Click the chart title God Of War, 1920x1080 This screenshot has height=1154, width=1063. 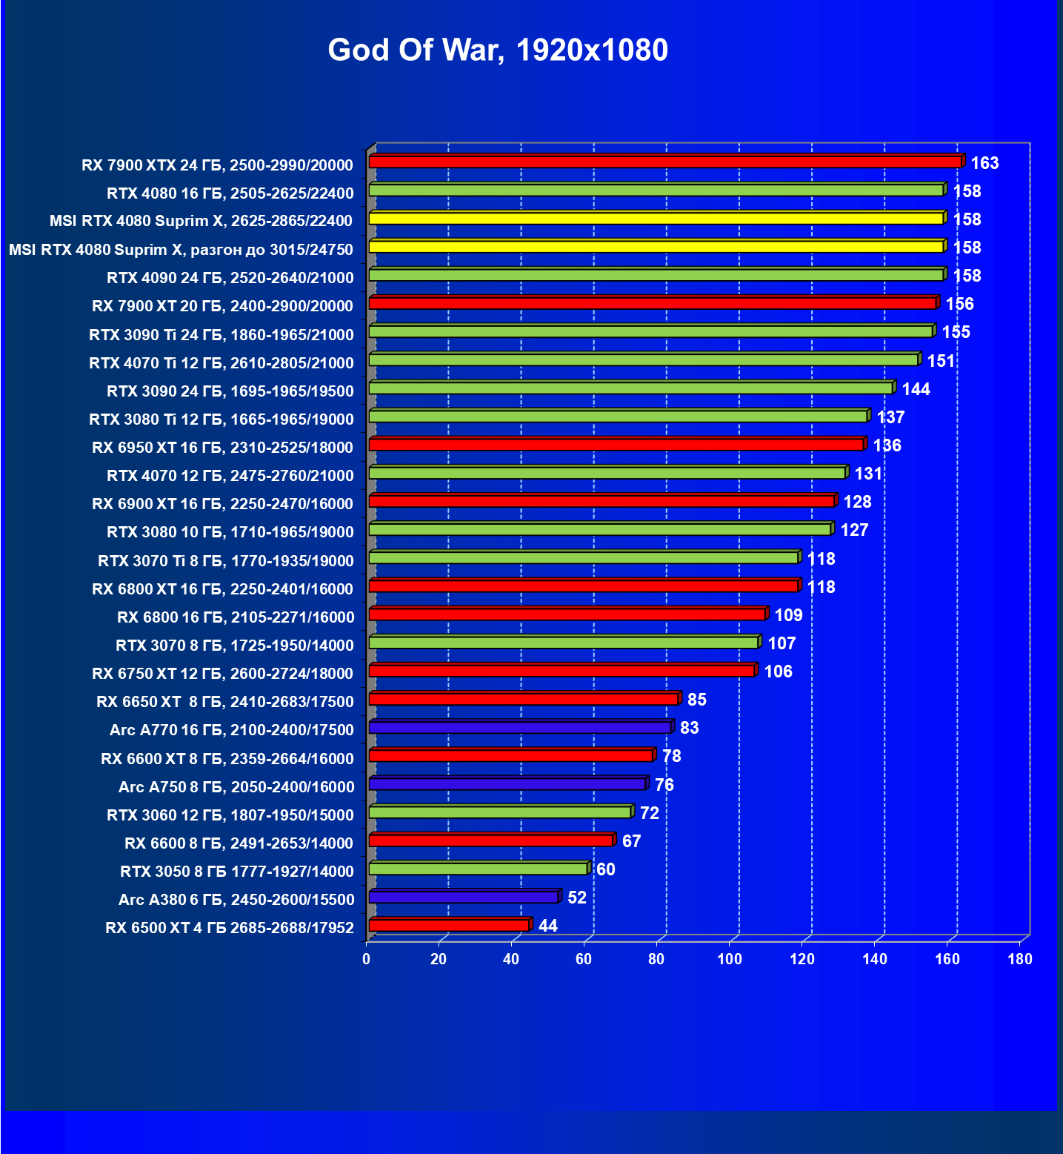(498, 50)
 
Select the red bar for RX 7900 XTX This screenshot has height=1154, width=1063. (664, 162)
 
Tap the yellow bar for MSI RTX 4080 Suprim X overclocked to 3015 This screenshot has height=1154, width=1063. (656, 246)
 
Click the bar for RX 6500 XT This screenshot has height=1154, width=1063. (448, 925)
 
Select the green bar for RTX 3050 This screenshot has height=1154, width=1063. (478, 869)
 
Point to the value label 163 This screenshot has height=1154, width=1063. (984, 163)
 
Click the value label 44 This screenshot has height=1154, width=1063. (548, 926)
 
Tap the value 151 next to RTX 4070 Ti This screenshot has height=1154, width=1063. (941, 361)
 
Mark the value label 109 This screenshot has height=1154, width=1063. (788, 615)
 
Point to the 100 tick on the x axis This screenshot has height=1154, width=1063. (730, 959)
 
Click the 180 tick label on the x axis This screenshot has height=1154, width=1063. (1020, 959)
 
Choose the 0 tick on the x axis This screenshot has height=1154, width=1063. (367, 959)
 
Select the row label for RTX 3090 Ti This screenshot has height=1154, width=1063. (221, 335)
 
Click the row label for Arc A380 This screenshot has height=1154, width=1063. (236, 900)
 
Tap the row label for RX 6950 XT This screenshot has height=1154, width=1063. (223, 448)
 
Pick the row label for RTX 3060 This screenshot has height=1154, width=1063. (230, 815)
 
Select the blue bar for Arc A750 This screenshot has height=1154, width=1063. (507, 784)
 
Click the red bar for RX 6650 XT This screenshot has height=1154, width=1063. (523, 699)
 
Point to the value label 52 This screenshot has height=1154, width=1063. (576, 898)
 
